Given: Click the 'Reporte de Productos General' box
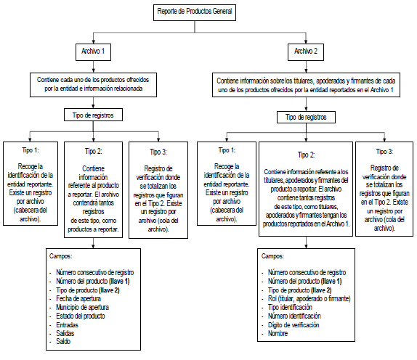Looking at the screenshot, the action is click(x=195, y=12).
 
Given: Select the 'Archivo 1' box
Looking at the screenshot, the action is click(x=93, y=52).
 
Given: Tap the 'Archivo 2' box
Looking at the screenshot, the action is click(x=306, y=52).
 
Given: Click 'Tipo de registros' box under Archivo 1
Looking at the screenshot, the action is click(x=93, y=115).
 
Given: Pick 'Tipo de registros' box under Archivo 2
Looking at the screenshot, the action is click(x=306, y=117).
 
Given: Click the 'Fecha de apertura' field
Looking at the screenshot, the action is click(x=78, y=298).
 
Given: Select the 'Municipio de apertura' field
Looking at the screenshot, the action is click(x=82, y=308).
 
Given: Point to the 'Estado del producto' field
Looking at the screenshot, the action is click(x=81, y=316).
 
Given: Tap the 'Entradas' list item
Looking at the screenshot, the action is click(x=68, y=325).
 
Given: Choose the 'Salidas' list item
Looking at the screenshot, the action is click(x=65, y=333).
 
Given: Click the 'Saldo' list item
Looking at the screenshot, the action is click(x=63, y=342).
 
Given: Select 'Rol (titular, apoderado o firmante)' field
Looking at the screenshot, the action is click(x=309, y=299).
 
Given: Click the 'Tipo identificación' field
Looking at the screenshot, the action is click(x=290, y=308).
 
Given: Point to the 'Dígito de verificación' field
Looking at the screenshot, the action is click(x=293, y=325).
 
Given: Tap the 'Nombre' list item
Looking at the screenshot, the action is click(x=278, y=333).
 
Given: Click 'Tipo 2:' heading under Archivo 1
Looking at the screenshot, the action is click(x=93, y=152).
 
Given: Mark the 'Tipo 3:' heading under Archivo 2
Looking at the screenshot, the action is click(x=384, y=152).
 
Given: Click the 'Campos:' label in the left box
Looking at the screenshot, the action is click(x=60, y=256).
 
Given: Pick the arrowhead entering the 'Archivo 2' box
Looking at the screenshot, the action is click(x=306, y=41).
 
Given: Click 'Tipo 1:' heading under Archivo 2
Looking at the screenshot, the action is click(x=227, y=150).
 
